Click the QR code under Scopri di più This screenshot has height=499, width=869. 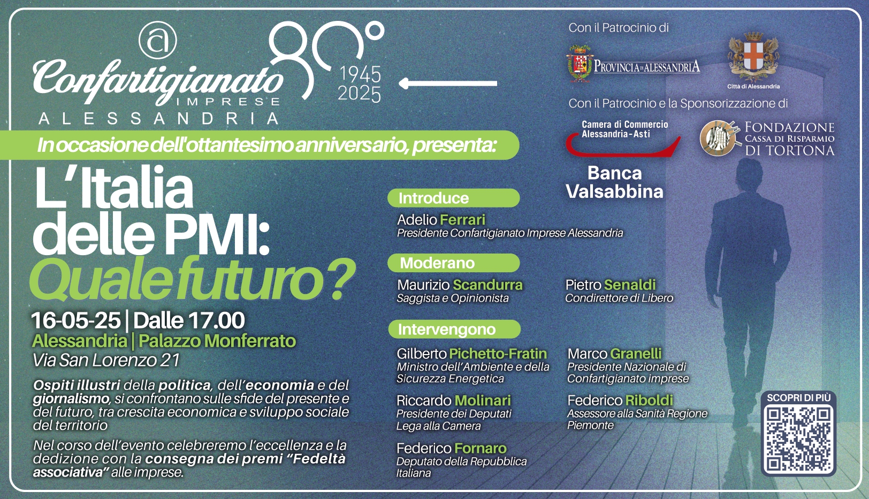tap(798, 439)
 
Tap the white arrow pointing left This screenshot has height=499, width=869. tap(448, 83)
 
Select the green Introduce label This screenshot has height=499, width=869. tap(454, 198)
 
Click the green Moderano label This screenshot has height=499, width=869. tap(454, 263)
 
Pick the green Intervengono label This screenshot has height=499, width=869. tap(454, 329)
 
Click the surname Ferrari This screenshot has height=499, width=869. tap(463, 220)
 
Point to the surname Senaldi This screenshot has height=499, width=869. tap(630, 285)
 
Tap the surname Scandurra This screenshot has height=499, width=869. tap(487, 285)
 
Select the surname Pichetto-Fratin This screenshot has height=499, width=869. tap(498, 354)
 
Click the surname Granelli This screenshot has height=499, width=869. tap(636, 354)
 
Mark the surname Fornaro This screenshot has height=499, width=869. tap(481, 448)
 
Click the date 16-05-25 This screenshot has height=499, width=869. tap(76, 320)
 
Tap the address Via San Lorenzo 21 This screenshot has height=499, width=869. tap(106, 360)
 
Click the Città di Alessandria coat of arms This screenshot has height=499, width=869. tap(753, 56)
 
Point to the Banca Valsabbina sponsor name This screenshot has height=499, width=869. tap(614, 182)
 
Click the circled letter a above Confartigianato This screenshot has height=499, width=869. tap(157, 40)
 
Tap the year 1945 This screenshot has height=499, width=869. tap(361, 74)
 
